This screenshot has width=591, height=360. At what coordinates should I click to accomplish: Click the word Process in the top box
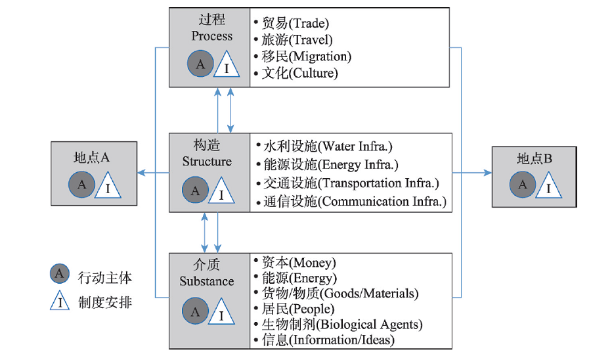tap(212, 36)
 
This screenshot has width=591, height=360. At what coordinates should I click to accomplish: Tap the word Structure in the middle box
tap(207, 162)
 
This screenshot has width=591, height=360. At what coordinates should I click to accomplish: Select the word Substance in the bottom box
tap(207, 281)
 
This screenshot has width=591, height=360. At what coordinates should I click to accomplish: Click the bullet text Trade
tap(295, 24)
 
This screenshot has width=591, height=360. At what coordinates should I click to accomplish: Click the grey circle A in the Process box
tap(200, 64)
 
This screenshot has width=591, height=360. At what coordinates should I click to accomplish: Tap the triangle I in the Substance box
tap(221, 311)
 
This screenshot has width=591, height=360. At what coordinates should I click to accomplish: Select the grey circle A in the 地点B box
tap(523, 185)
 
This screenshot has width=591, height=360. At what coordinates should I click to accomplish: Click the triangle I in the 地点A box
tap(108, 185)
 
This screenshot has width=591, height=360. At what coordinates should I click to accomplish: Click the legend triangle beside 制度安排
tap(60, 301)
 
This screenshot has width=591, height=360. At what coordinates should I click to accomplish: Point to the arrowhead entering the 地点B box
tap(488, 173)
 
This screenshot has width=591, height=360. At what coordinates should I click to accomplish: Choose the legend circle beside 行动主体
tap(60, 274)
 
